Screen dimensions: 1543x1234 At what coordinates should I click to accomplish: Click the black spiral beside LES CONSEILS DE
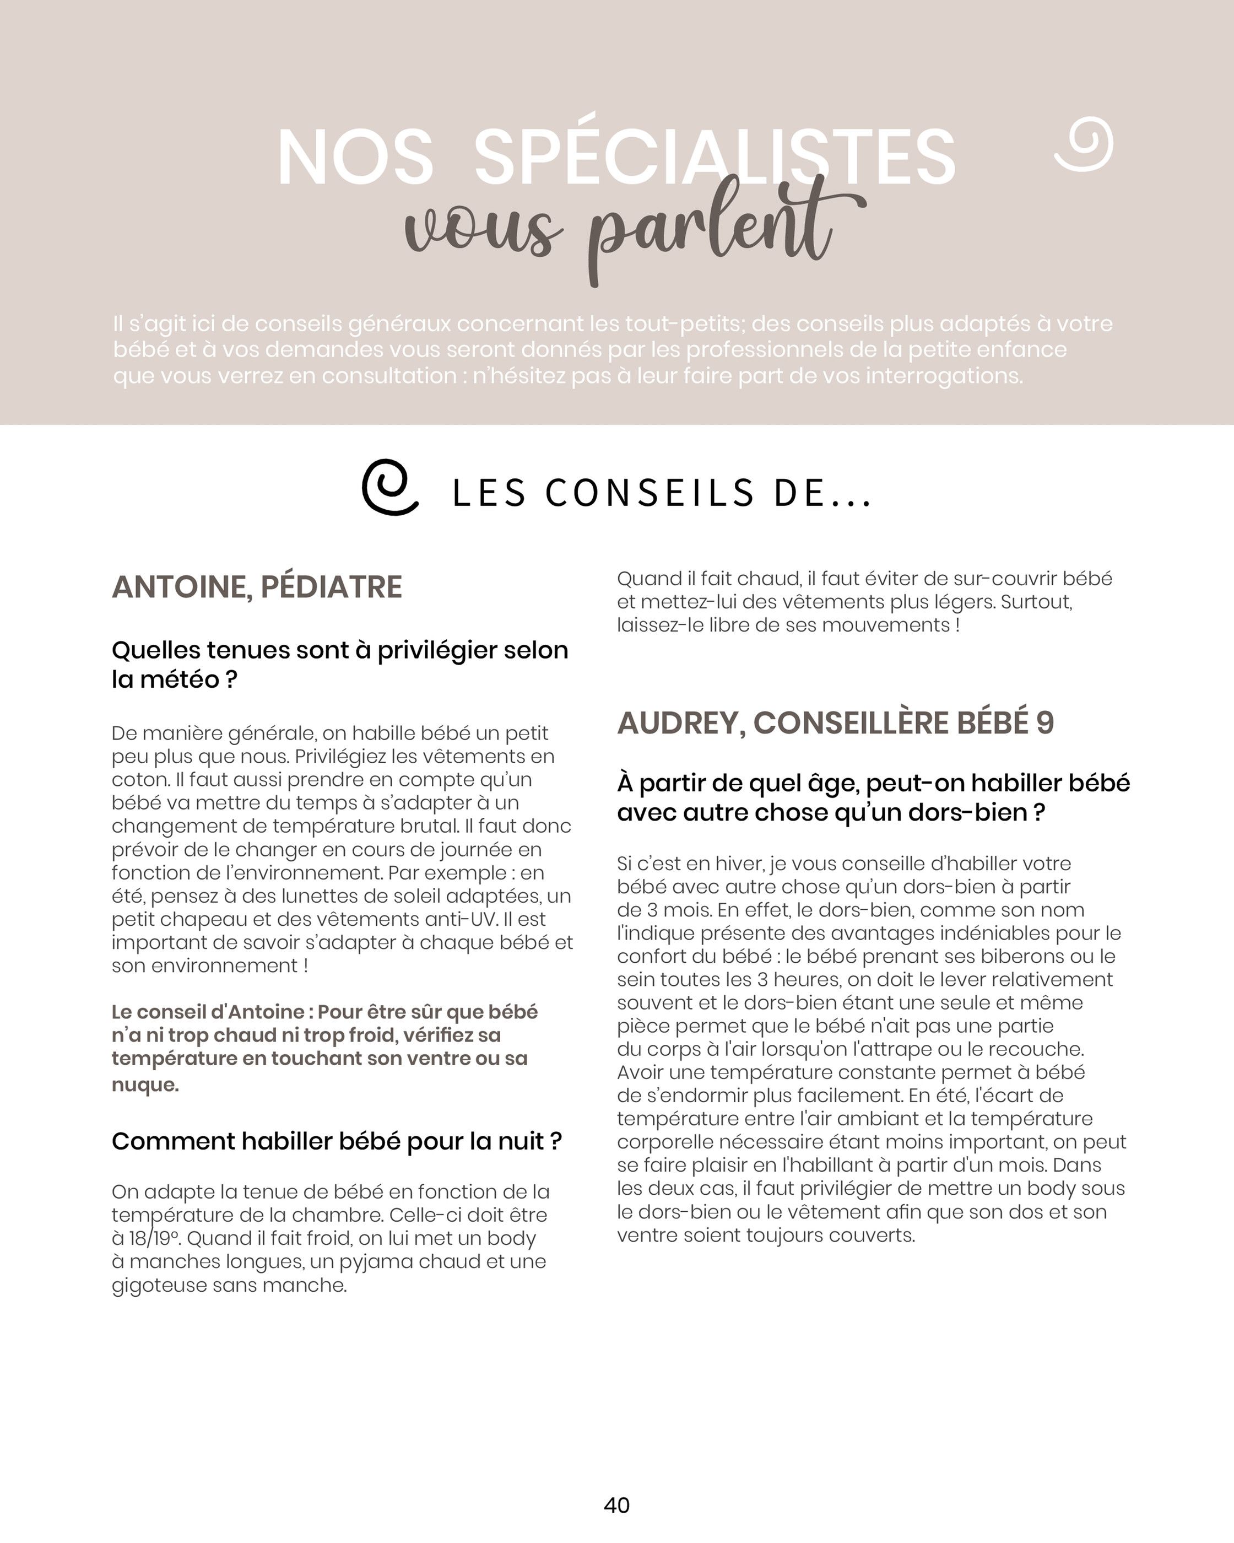click(390, 487)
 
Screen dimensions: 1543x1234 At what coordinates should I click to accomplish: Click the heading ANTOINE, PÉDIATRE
click(257, 587)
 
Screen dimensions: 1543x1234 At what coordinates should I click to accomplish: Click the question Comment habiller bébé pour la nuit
click(336, 1141)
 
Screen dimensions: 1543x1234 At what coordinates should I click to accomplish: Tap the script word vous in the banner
click(479, 233)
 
